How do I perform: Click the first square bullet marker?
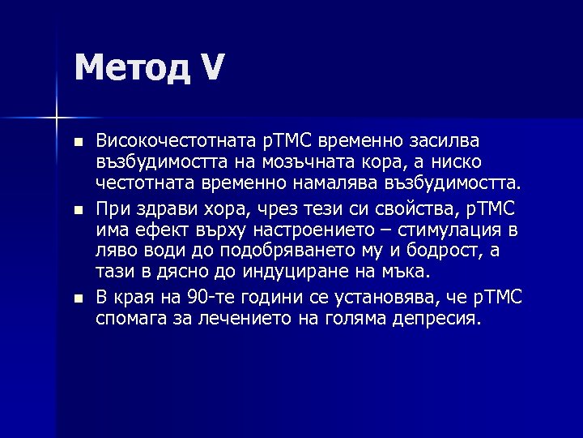coord(77,143)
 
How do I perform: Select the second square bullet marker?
coord(77,209)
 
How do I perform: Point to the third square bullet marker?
coord(77,299)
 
